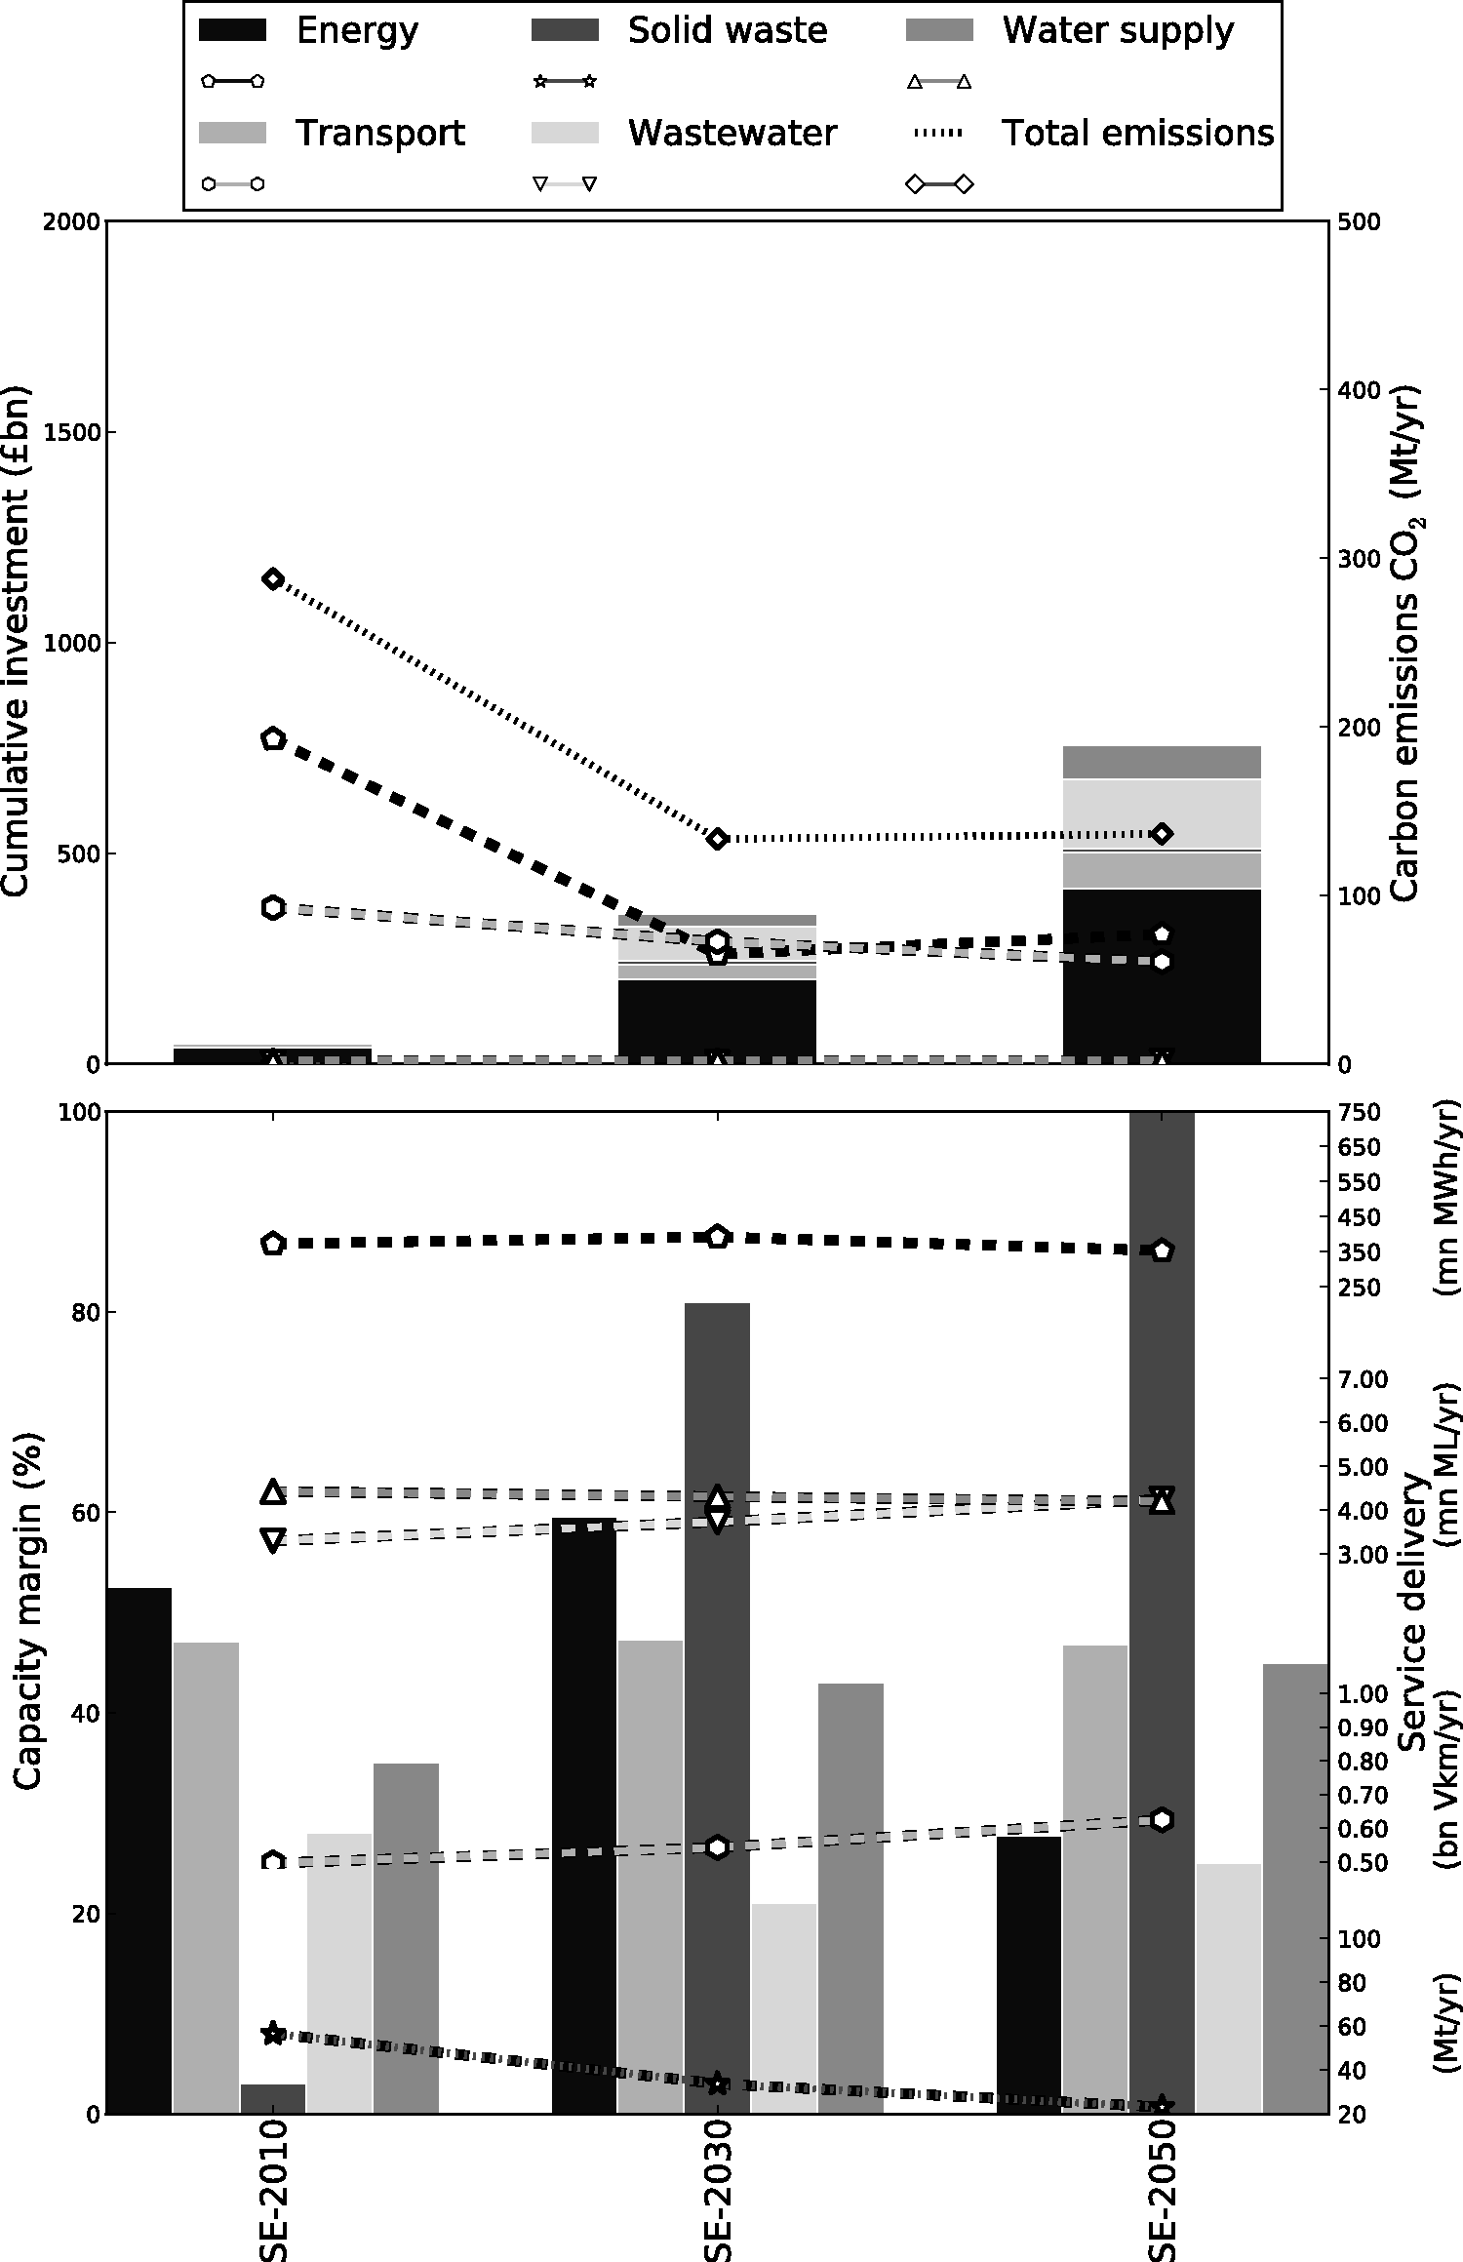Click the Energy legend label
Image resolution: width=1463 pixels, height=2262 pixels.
(357, 31)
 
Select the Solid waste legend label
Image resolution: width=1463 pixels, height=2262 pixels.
(727, 31)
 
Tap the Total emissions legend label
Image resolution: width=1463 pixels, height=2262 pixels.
(1137, 133)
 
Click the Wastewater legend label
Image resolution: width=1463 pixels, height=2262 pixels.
(731, 133)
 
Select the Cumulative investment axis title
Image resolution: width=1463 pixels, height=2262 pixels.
(18, 641)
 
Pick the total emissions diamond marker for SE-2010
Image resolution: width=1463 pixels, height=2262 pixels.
(273, 579)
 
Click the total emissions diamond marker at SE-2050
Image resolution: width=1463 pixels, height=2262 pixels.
(1162, 833)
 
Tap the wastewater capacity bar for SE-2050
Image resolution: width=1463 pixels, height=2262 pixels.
(1229, 1980)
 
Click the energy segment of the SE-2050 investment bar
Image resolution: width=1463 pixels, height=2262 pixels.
(1162, 975)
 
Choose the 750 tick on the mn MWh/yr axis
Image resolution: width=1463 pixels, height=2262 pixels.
(1360, 1113)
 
